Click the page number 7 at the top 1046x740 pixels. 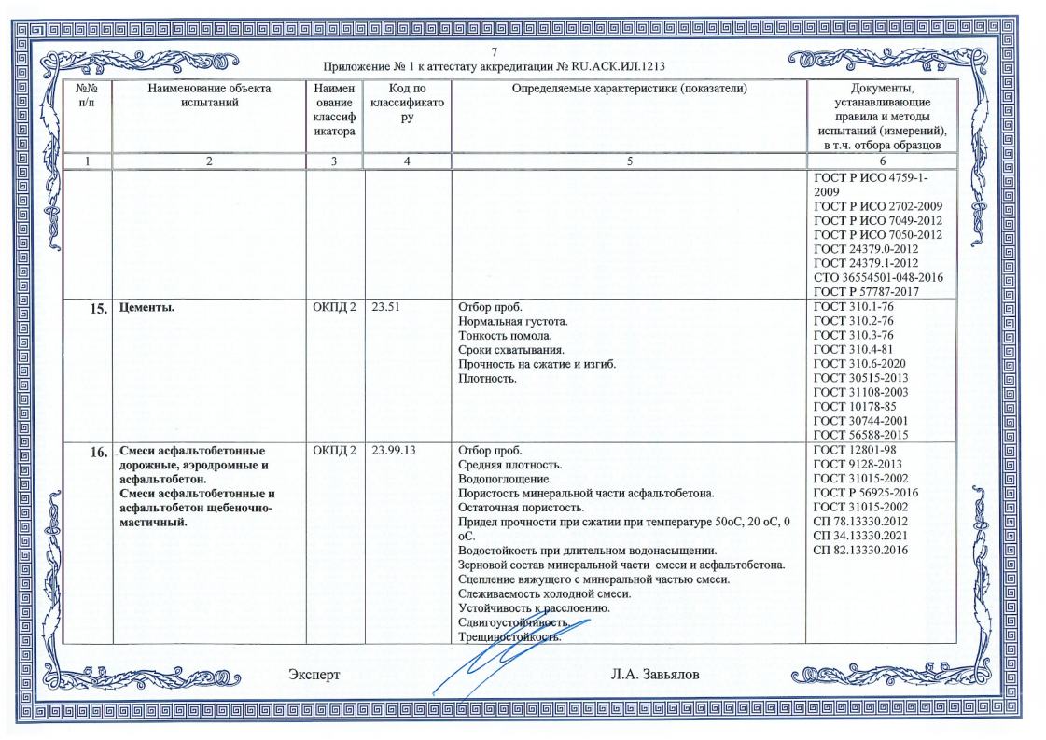[x=495, y=51]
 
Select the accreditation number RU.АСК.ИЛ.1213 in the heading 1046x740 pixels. [x=611, y=66]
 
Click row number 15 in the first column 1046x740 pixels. [x=95, y=311]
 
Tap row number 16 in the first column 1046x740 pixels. [x=95, y=452]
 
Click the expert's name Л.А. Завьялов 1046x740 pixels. [x=653, y=673]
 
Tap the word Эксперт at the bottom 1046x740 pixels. [x=315, y=673]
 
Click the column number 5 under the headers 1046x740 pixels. [x=628, y=161]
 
